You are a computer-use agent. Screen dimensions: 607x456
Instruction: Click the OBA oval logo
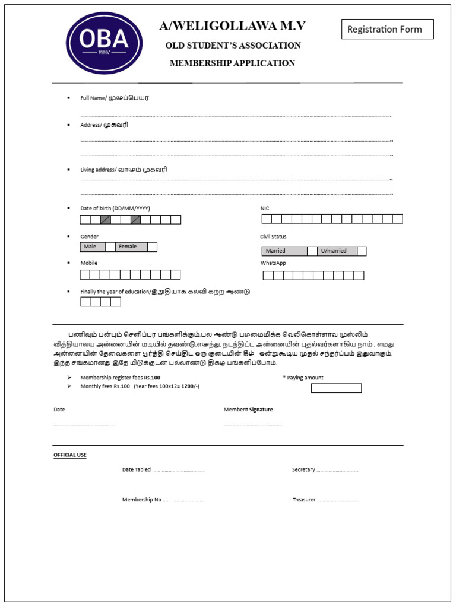104,43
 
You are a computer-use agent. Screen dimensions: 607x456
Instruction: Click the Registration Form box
387,29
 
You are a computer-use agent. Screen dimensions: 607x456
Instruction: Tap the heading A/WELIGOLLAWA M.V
232,26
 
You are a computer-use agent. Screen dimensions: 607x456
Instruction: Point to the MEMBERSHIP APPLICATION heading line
232,63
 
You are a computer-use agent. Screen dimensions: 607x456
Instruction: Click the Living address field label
123,170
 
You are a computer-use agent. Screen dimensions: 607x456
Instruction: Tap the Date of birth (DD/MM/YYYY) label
115,209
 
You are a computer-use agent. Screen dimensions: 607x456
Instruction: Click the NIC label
265,209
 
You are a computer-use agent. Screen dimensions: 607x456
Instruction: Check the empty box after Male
110,247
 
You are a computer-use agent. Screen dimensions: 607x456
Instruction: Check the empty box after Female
152,247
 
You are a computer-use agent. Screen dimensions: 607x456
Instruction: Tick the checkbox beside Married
312,251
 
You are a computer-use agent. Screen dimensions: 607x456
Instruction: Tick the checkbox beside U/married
362,251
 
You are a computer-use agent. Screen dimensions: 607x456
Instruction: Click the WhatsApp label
273,263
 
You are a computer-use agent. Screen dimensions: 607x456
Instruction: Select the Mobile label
89,263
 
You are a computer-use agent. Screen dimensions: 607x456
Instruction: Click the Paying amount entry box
336,388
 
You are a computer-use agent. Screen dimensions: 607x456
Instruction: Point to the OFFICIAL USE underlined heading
70,455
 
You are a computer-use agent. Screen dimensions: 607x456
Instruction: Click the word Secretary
303,469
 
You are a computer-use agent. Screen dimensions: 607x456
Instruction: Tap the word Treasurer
304,500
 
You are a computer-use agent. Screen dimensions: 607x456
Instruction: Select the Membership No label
142,500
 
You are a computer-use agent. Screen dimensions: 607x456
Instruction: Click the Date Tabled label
137,469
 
